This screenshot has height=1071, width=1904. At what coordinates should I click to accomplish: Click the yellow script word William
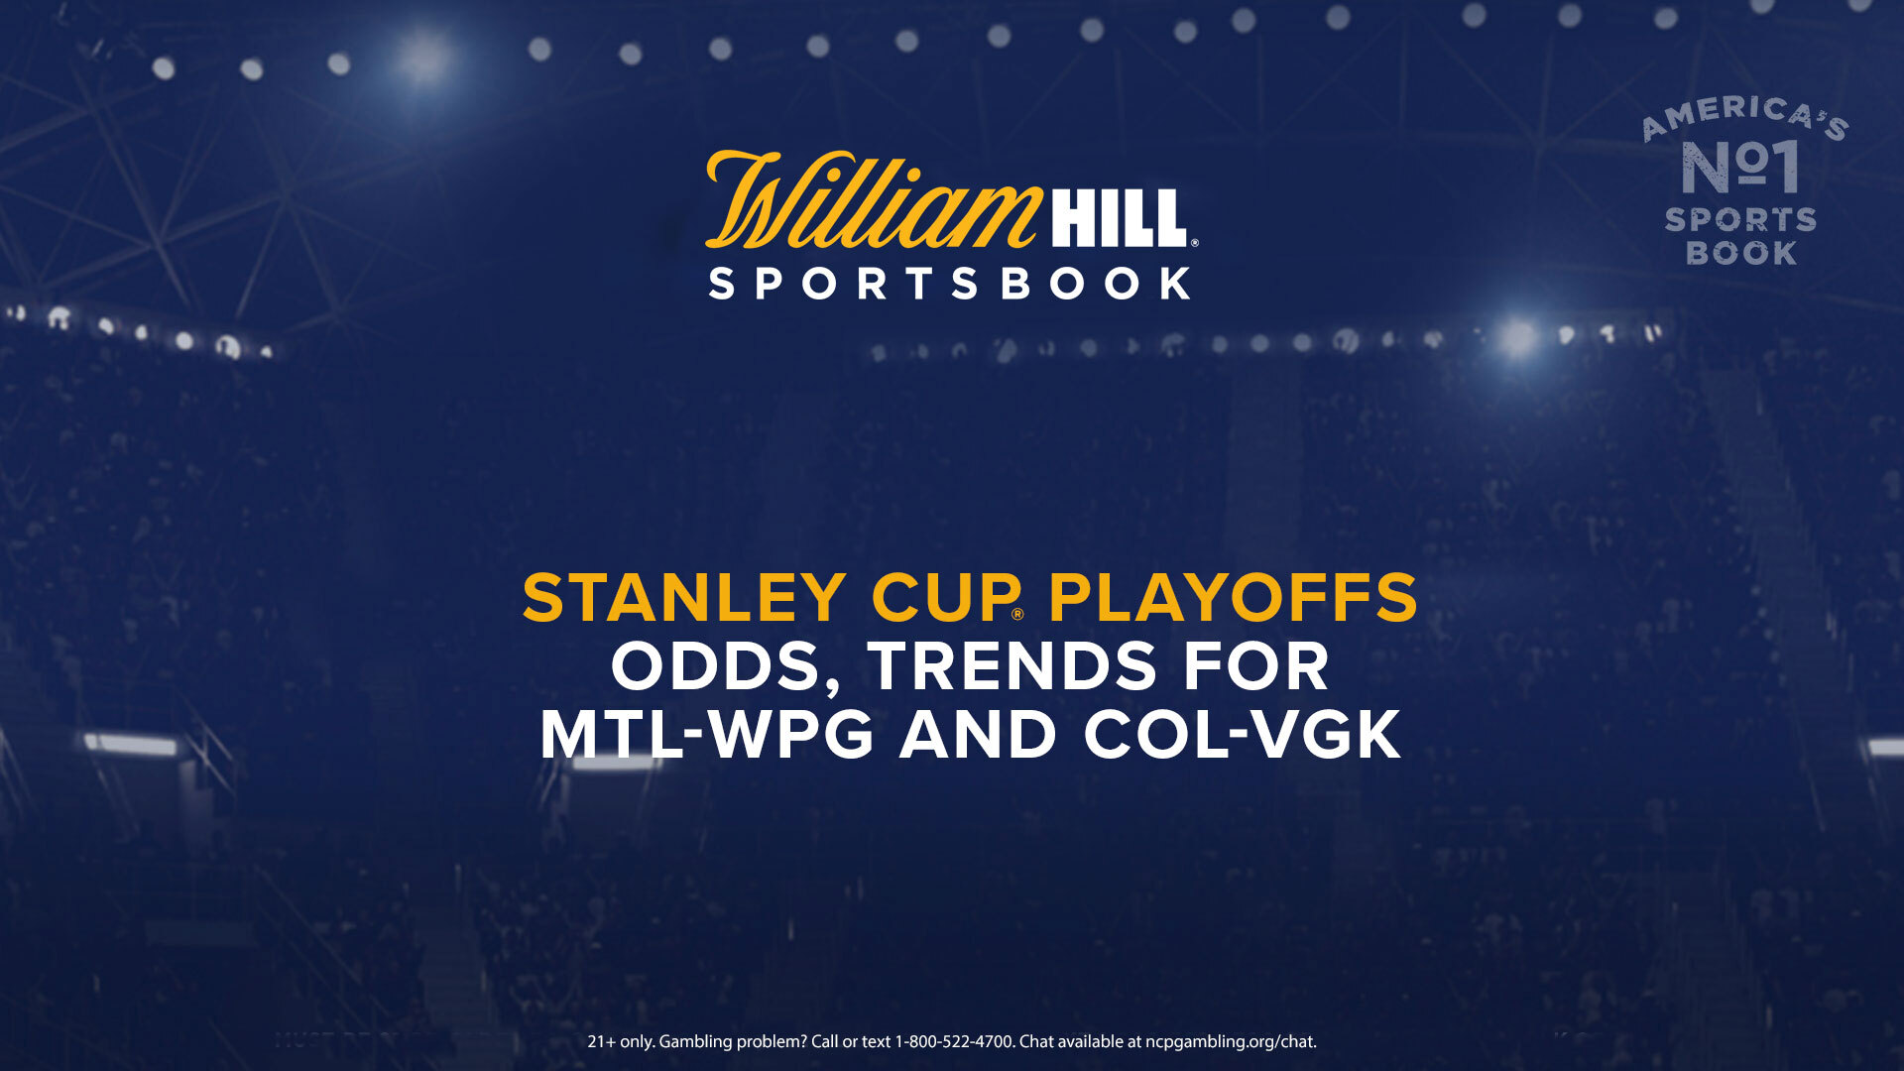tap(873, 200)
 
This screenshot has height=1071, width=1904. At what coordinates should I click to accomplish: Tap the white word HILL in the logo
tap(1119, 219)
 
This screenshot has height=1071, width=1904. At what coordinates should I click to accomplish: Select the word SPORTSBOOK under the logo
tap(950, 285)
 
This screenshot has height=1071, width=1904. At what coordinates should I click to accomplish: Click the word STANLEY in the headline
tap(684, 598)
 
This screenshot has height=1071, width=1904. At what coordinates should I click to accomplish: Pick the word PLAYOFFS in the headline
tap(1233, 598)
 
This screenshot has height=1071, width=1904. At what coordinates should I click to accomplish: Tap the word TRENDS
tap(1012, 666)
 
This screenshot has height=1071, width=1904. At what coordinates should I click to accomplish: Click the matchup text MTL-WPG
tap(707, 735)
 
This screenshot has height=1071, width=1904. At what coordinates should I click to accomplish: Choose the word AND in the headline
tap(978, 735)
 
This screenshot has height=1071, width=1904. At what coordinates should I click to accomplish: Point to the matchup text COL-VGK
tap(1242, 735)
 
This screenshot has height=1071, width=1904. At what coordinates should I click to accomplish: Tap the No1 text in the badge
tap(1740, 167)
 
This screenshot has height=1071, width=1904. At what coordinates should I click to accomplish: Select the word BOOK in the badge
tap(1741, 254)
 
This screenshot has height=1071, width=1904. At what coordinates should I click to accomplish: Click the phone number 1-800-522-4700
tap(955, 1041)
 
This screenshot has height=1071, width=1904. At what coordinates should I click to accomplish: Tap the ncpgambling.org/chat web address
tap(1231, 1042)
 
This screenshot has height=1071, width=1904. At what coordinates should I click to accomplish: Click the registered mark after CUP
tap(1017, 615)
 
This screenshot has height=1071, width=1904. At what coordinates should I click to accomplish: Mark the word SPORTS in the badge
tap(1740, 219)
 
